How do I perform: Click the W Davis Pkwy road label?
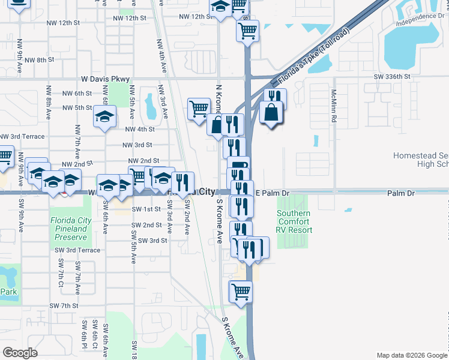click(106, 79)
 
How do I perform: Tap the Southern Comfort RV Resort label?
click(294, 221)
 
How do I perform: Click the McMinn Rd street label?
click(333, 106)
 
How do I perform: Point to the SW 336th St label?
click(391, 77)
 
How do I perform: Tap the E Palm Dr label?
click(273, 194)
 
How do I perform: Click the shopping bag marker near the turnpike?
click(272, 113)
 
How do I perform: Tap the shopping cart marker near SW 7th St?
click(241, 292)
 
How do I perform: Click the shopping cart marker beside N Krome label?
click(199, 109)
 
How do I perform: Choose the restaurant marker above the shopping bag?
click(275, 98)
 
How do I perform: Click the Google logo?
click(20, 353)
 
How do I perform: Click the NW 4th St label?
click(139, 129)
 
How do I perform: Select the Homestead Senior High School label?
click(421, 160)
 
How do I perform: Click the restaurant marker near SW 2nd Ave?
click(183, 182)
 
